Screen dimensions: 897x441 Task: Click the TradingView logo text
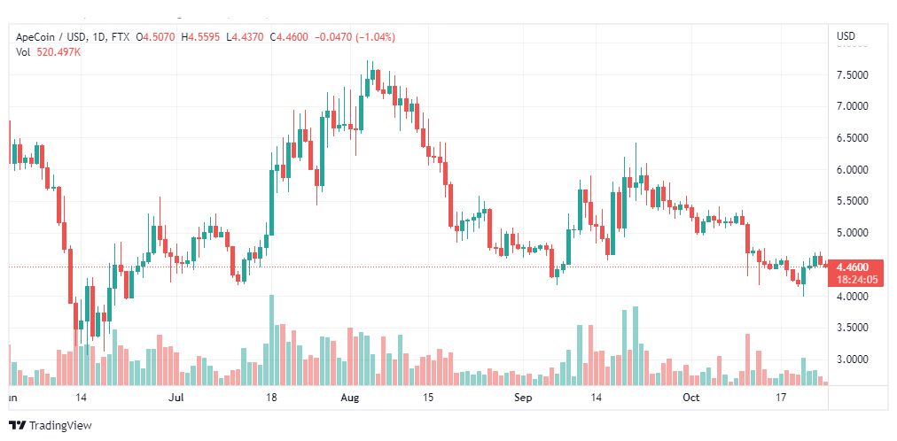pyautogui.click(x=60, y=426)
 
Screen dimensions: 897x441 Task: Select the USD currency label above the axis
pyautogui.click(x=846, y=36)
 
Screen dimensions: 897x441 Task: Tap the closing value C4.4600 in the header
pyautogui.click(x=289, y=38)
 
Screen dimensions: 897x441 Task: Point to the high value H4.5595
pyautogui.click(x=201, y=38)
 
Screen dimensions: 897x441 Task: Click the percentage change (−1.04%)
pyautogui.click(x=375, y=38)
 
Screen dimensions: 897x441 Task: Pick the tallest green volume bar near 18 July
pyautogui.click(x=272, y=340)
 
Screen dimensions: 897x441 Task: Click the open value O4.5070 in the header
pyautogui.click(x=156, y=38)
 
